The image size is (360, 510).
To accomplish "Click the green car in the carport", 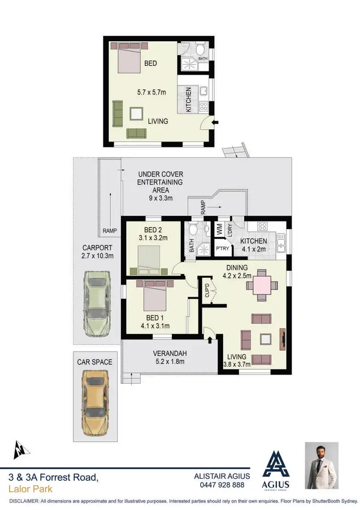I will [x=97, y=304].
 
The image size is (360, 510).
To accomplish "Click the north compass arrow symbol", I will [x=20, y=449].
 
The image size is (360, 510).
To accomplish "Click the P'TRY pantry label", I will [x=222, y=249].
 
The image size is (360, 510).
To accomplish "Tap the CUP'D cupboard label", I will [x=207, y=291].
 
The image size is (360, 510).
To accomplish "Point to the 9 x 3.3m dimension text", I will [x=160, y=197].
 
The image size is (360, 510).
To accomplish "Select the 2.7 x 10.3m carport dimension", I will [x=97, y=255].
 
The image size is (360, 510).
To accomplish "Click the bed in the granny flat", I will [x=128, y=58].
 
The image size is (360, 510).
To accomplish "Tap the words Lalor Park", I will [x=31, y=489].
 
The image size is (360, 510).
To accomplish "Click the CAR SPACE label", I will [x=95, y=362].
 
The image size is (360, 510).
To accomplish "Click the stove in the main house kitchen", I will [x=263, y=226].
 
